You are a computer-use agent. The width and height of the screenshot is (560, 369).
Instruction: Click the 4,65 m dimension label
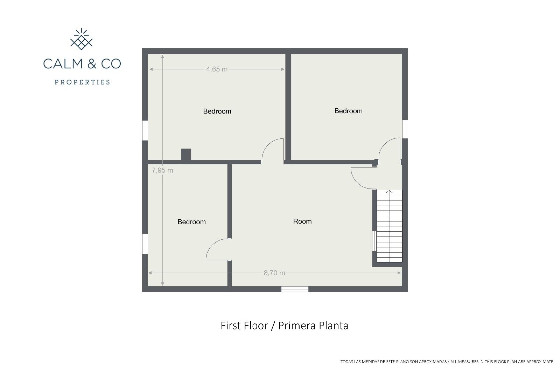click(217, 69)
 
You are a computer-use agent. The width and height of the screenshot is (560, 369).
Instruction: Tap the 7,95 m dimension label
click(162, 170)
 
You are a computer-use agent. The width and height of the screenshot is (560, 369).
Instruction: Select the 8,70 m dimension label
click(274, 273)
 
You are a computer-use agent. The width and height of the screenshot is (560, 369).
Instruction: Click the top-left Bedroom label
click(217, 111)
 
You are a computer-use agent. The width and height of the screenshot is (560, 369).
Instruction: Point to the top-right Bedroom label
click(348, 111)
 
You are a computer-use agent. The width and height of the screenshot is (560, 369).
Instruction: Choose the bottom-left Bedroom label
click(191, 222)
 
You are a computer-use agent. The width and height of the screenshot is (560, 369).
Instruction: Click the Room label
click(302, 221)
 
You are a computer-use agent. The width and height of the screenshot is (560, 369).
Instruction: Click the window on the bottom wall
click(295, 289)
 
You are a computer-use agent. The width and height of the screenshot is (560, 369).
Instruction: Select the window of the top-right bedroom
click(405, 129)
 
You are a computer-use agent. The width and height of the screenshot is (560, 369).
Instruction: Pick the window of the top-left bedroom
click(145, 130)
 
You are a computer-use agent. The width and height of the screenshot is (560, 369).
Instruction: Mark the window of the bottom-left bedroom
click(145, 244)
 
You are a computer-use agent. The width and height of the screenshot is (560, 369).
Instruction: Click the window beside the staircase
click(374, 241)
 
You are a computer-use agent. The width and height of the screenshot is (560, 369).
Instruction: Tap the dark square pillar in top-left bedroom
click(186, 155)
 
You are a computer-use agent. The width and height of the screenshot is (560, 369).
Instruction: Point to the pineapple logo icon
click(81, 39)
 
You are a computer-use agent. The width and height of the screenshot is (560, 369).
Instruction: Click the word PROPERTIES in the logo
click(82, 82)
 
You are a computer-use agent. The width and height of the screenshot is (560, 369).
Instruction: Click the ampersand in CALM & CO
click(92, 63)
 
